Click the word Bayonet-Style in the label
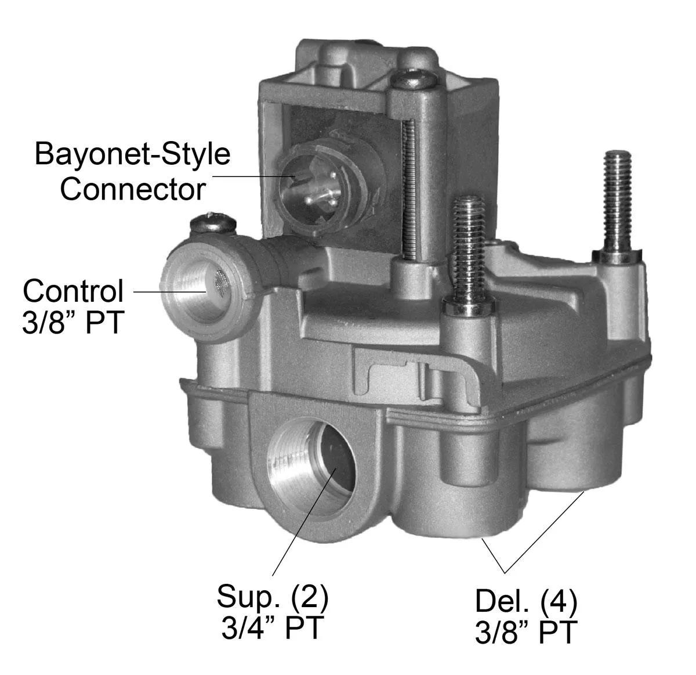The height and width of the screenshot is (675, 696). [132, 154]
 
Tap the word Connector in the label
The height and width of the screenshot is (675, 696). [132, 189]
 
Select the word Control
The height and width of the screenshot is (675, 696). [73, 291]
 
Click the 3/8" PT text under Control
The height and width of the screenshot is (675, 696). [73, 322]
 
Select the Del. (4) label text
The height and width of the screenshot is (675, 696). [525, 601]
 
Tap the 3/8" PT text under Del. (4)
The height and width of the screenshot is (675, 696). [525, 633]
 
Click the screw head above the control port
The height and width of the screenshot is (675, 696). [213, 223]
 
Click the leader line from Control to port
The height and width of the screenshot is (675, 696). [170, 292]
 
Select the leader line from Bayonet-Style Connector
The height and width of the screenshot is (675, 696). [253, 176]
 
